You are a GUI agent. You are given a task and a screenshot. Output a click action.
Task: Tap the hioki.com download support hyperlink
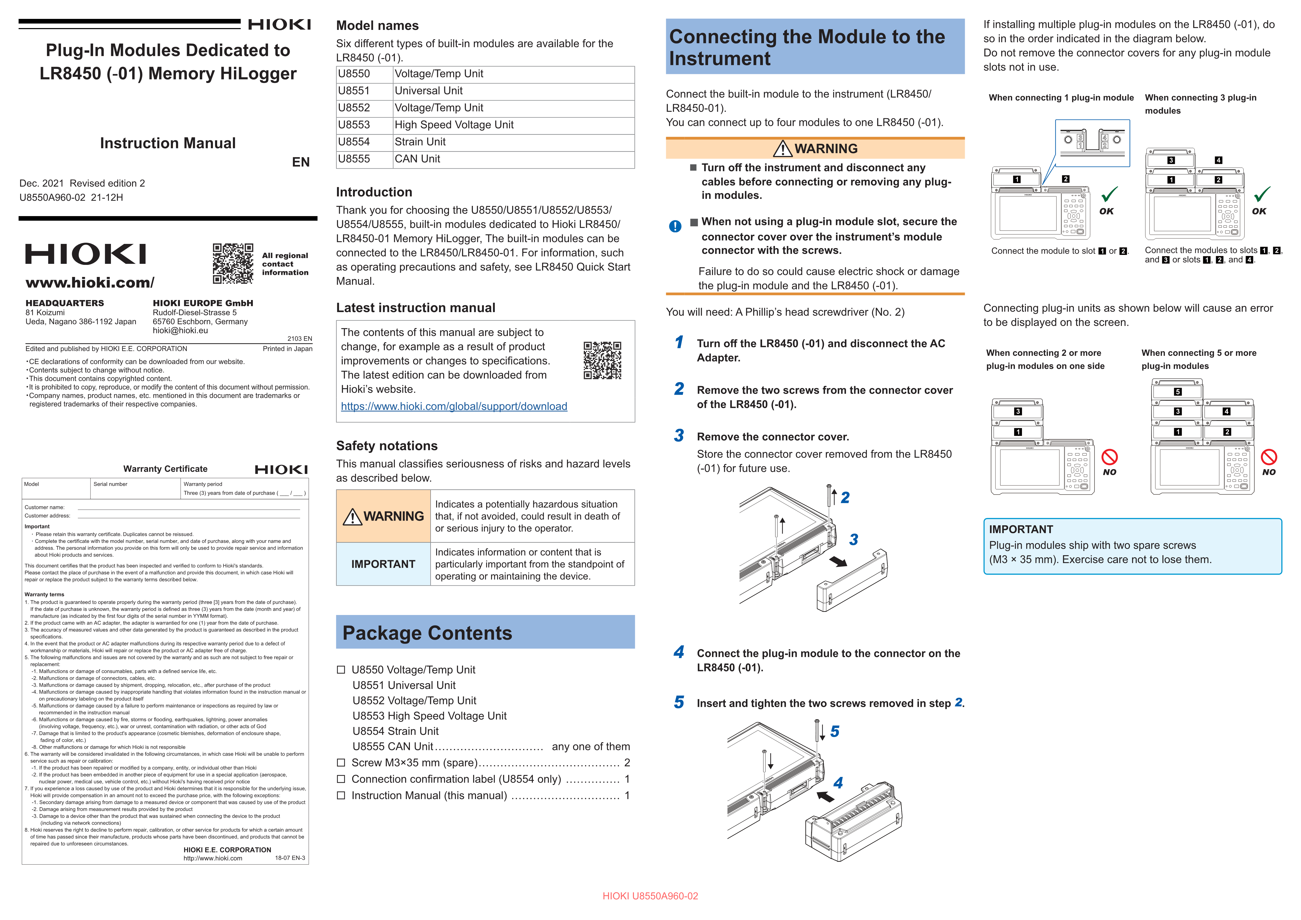(x=454, y=406)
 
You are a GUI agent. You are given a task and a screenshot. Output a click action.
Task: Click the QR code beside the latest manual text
(x=602, y=360)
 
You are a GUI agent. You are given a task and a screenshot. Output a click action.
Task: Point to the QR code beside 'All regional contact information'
(x=233, y=263)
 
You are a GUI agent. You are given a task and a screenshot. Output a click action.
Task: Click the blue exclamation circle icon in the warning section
(x=675, y=226)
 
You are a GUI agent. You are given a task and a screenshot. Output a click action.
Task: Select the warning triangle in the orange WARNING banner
(x=783, y=149)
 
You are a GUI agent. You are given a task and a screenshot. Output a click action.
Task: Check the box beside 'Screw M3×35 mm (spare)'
(x=341, y=763)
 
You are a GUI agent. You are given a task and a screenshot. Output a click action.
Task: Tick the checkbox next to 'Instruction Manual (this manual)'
(x=341, y=796)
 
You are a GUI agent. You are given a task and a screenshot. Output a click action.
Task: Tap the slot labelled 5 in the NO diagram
(x=1177, y=392)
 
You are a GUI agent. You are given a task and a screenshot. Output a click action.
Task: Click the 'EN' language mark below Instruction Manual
(x=301, y=163)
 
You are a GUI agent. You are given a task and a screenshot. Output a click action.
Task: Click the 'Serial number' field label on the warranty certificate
(x=110, y=484)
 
